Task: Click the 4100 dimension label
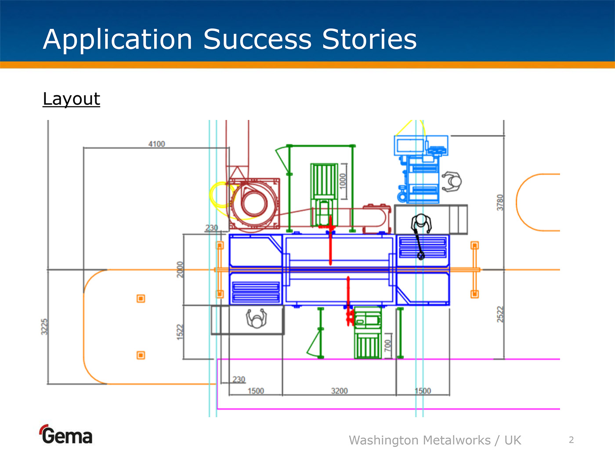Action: point(156,144)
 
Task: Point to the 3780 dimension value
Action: point(500,202)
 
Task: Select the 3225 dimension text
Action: point(44,327)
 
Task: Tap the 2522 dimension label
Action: point(500,314)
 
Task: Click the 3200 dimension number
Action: point(339,391)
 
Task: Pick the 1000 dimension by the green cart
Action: point(343,180)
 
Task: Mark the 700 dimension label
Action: point(387,345)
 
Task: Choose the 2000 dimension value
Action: point(180,269)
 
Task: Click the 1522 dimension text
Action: point(180,331)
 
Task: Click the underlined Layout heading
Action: point(71,99)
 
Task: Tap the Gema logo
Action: point(66,435)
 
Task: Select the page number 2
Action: point(571,440)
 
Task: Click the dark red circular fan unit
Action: point(253,203)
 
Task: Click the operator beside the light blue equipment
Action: point(452,181)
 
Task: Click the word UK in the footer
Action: point(512,440)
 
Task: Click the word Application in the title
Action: point(118,40)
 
